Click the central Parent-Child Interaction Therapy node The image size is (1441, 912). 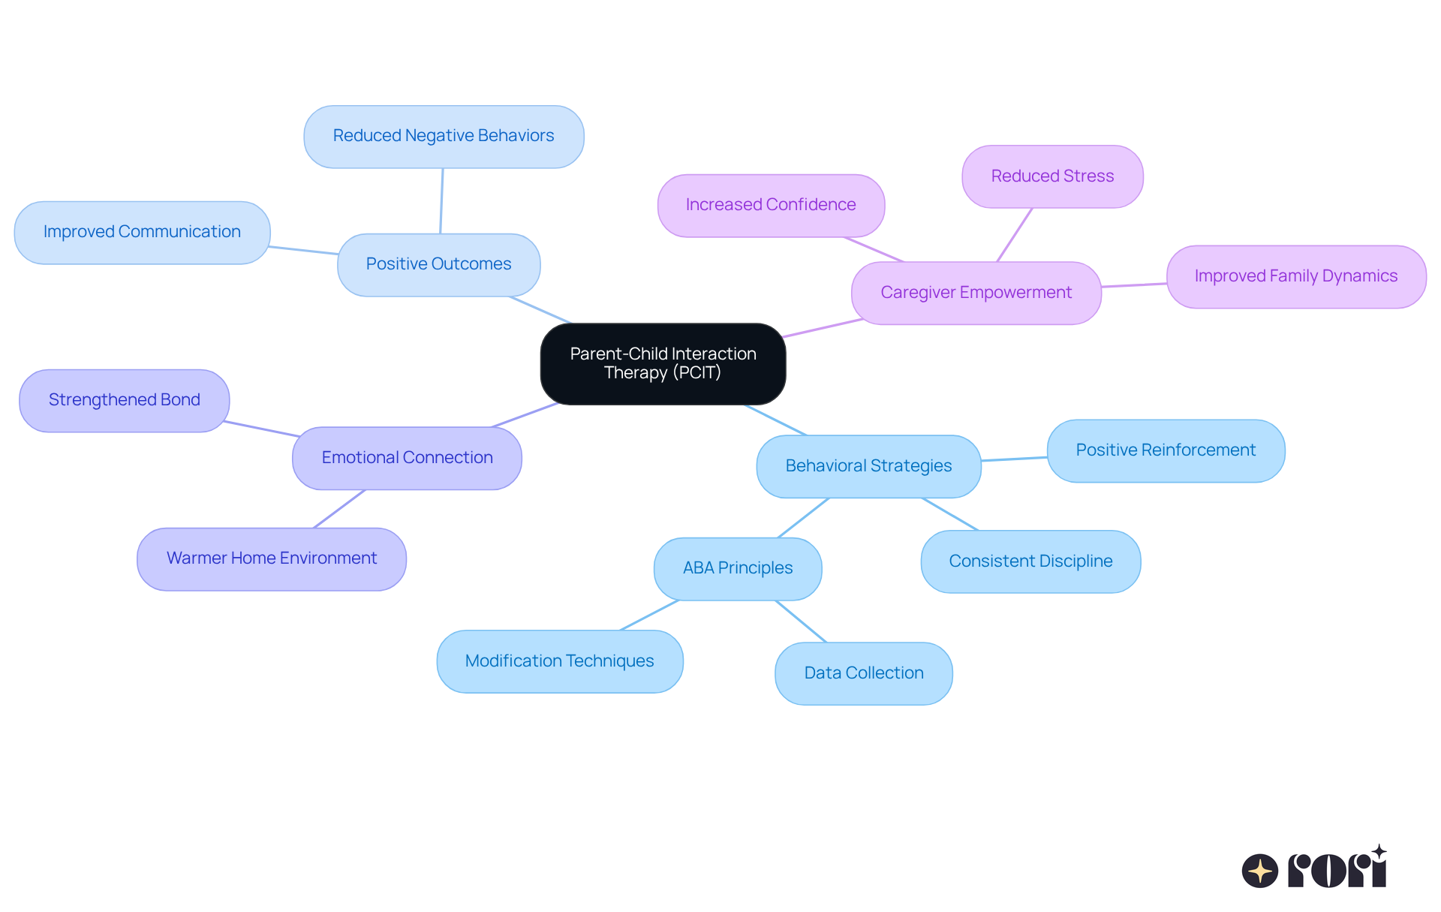[663, 364]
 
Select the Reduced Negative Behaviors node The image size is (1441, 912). [444, 137]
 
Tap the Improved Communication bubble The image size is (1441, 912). [142, 232]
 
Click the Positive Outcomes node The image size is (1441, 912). [438, 264]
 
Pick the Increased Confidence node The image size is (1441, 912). [771, 205]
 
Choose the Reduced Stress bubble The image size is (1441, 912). [1052, 176]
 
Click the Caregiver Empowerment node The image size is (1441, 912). [976, 293]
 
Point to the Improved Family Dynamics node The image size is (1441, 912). [1295, 276]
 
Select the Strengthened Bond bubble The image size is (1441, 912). [125, 400]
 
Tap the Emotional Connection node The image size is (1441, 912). [407, 458]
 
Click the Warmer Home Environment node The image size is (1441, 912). [272, 558]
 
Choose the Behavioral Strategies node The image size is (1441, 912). [868, 466]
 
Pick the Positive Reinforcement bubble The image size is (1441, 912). [1166, 450]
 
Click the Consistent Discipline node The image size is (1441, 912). [1030, 561]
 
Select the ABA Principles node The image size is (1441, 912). [738, 568]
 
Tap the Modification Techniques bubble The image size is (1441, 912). [560, 661]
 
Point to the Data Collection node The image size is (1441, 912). [864, 673]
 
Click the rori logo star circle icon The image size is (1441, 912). [1259, 871]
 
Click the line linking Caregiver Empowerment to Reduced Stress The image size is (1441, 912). [1015, 234]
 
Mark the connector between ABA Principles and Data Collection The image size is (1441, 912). [801, 621]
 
